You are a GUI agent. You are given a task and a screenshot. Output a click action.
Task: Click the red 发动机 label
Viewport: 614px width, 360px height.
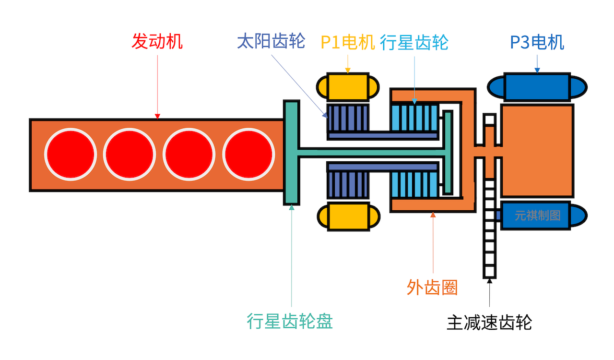[x=157, y=42]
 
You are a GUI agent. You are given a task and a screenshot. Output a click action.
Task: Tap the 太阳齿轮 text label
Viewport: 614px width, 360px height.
[x=271, y=42]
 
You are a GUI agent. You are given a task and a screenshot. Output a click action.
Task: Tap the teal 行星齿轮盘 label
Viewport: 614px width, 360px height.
[x=290, y=321]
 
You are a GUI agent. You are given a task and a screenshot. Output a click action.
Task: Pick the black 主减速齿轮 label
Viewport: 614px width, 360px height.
[x=489, y=322]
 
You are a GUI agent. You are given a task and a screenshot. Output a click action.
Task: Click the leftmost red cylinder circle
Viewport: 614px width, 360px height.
[x=70, y=154]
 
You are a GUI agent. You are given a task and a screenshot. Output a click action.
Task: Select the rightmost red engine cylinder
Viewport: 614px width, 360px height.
[x=248, y=154]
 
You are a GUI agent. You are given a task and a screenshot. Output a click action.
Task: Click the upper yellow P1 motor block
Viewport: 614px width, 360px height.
[x=348, y=87]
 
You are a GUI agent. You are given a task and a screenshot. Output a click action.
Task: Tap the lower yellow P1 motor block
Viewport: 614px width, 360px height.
[x=348, y=217]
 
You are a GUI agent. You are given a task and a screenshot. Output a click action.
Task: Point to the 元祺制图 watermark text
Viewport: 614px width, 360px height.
[x=537, y=216]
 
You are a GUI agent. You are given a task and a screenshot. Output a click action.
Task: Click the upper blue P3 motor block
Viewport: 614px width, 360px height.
[x=537, y=87]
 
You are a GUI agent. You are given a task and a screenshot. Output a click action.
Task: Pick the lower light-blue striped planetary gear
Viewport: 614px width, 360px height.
[x=414, y=184]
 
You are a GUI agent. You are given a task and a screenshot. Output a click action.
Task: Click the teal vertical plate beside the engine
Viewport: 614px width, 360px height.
[x=291, y=153]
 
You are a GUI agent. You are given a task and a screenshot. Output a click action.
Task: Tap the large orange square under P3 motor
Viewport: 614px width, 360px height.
[x=537, y=151]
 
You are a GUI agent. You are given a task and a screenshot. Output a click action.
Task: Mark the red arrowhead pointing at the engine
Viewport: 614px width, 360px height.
[x=157, y=116]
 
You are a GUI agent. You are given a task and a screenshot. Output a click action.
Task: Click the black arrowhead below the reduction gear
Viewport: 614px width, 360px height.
[x=489, y=281]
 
